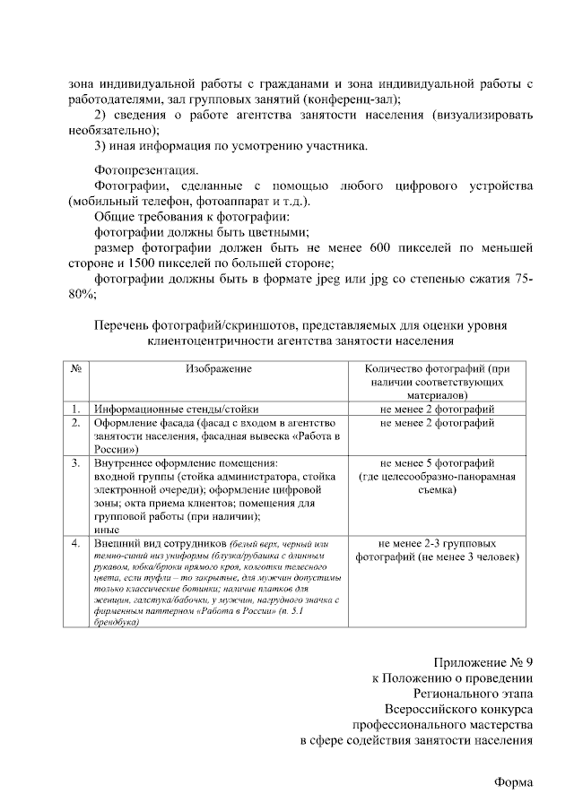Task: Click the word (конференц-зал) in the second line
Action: pyautogui.click(x=352, y=99)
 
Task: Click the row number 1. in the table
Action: pyautogui.click(x=76, y=407)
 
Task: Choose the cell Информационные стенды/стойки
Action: pyautogui.click(x=165, y=407)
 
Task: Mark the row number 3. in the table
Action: pyautogui.click(x=76, y=463)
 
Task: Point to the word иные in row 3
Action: pyautogui.click(x=106, y=530)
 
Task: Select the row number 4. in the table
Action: pyautogui.click(x=76, y=543)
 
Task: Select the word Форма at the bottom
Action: pyautogui.click(x=514, y=781)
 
